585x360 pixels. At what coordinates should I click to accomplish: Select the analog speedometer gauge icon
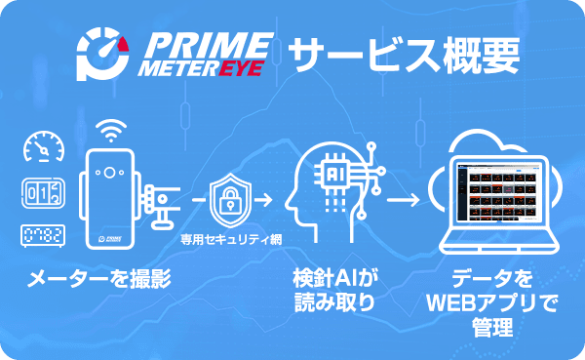click(43, 147)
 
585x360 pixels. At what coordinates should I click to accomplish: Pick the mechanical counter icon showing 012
click(43, 192)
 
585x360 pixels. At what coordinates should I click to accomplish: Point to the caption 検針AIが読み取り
click(334, 290)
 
